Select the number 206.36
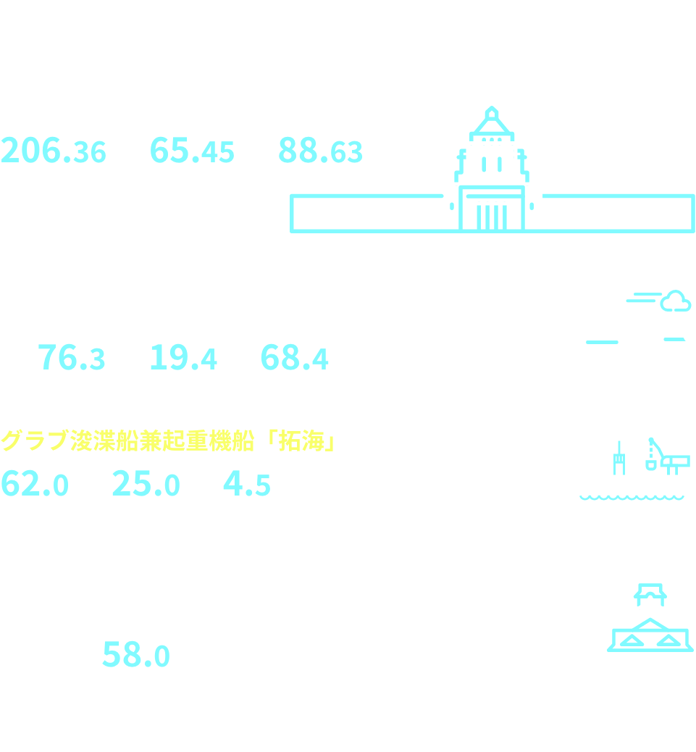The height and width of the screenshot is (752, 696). [x=54, y=151]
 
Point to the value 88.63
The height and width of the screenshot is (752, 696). [x=320, y=151]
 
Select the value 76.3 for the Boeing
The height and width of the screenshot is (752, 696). [x=71, y=358]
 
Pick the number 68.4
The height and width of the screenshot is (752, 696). [x=293, y=358]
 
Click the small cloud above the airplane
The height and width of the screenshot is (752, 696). [x=675, y=301]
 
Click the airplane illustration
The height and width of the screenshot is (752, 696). [x=619, y=337]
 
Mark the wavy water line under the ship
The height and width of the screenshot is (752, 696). [x=632, y=498]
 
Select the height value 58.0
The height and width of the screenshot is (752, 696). [x=136, y=656]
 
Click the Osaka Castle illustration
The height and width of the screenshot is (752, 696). [x=650, y=638]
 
